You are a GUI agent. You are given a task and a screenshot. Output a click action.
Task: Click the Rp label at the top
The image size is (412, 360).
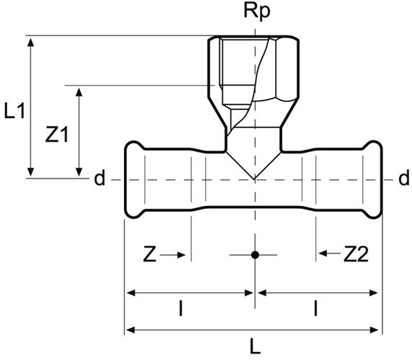pos(256,12)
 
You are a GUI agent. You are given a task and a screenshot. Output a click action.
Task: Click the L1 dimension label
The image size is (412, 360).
pos(14,111)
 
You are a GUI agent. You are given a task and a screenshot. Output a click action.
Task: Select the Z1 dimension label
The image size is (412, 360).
pos(57,135)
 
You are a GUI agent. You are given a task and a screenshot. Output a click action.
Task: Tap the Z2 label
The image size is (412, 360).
pos(356,254)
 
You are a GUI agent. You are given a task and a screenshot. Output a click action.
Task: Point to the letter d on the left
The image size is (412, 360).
pos(99,178)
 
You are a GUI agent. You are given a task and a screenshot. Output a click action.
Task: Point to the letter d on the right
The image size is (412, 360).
pos(404,178)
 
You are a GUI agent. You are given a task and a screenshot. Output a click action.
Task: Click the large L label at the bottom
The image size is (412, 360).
pos(254,346)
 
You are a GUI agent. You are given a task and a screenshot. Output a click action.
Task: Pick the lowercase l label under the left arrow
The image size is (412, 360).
pos(181,309)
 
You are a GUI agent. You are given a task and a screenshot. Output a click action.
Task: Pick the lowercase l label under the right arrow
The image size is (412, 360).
pos(315,309)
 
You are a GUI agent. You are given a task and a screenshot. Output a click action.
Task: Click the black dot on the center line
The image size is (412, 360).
pos(255,255)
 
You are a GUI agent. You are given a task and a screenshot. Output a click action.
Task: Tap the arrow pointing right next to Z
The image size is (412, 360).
pos(173,255)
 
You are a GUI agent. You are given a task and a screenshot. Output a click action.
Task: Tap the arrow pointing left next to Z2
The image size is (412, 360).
pos(329,253)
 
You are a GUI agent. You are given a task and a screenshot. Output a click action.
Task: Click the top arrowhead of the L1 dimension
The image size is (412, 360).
pos(31,42)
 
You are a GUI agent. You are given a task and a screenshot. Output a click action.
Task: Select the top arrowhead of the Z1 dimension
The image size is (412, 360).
pos(79,92)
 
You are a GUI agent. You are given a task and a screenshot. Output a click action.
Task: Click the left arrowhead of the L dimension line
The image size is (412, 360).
pos(130,330)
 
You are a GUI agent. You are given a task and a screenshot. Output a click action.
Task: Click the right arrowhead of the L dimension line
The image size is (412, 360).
pos(374,330)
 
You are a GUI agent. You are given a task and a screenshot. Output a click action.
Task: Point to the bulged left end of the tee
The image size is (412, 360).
pos(134,180)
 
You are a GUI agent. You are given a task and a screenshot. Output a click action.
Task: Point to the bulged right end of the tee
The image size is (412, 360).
pos(372,180)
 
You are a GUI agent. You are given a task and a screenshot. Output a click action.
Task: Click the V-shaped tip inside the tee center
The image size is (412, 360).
pos(254,179)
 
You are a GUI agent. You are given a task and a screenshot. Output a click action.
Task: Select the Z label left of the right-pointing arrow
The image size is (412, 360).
pos(150,254)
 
